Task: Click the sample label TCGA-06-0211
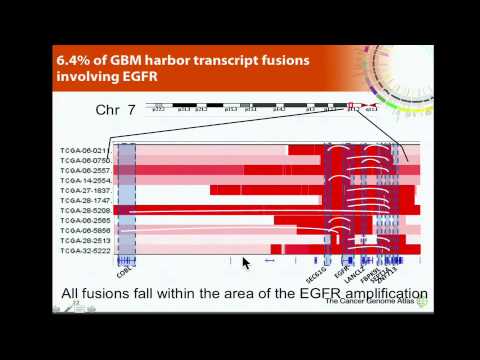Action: [x=83, y=150]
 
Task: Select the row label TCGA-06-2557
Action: [x=83, y=170]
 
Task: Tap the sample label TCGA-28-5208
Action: [x=83, y=211]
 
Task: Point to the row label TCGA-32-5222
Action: [x=83, y=251]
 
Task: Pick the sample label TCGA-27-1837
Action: [x=83, y=190]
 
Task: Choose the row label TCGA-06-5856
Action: [x=83, y=231]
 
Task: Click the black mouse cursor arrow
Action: [x=246, y=263]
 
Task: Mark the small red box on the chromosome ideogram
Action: [x=352, y=106]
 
